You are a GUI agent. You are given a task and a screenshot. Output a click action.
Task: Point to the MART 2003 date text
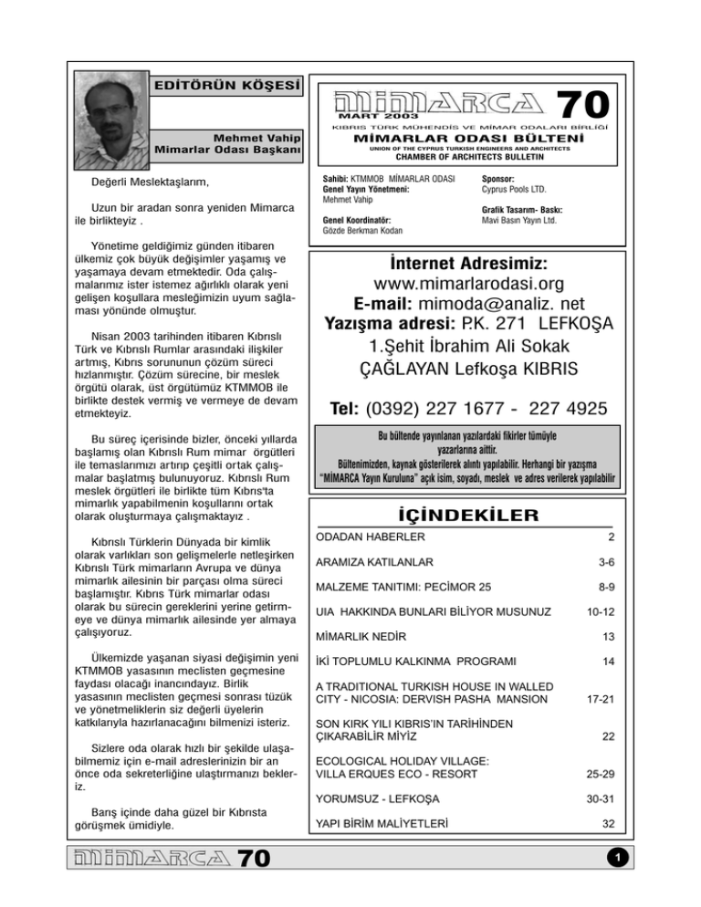[x=379, y=116]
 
